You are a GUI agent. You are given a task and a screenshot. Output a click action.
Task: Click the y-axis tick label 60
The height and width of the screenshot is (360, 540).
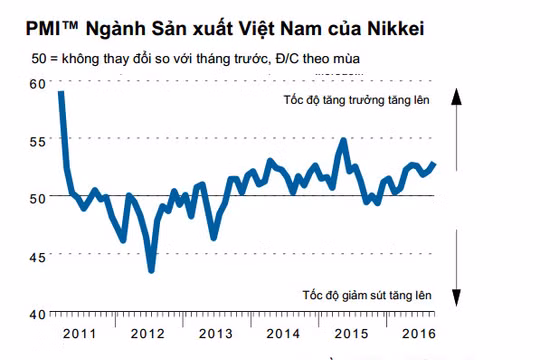(x=37, y=83)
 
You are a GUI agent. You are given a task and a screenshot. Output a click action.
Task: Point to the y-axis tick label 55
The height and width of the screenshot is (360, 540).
(x=37, y=142)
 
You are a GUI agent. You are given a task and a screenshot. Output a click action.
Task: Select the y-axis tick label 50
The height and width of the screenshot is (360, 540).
(x=37, y=197)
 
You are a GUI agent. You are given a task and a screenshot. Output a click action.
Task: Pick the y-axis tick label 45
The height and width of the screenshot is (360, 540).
(x=37, y=256)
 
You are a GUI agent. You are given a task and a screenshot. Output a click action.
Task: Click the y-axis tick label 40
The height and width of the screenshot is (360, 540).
(x=37, y=313)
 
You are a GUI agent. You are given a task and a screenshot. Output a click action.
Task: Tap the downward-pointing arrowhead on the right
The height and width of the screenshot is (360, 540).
(x=455, y=300)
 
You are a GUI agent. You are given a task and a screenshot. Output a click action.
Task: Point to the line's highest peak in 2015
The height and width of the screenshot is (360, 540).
(x=344, y=140)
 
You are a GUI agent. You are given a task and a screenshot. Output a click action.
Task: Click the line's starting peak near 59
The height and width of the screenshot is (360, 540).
(x=61, y=92)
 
